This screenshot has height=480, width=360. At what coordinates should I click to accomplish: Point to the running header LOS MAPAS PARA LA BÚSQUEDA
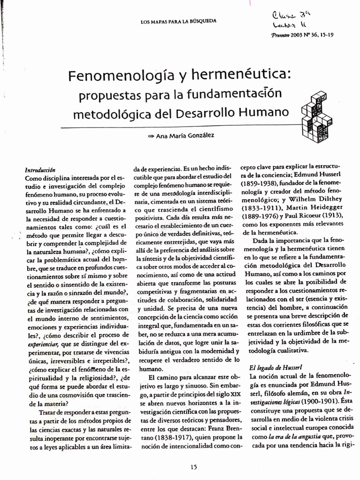179,22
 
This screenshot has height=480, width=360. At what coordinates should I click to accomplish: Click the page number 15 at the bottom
194,466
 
